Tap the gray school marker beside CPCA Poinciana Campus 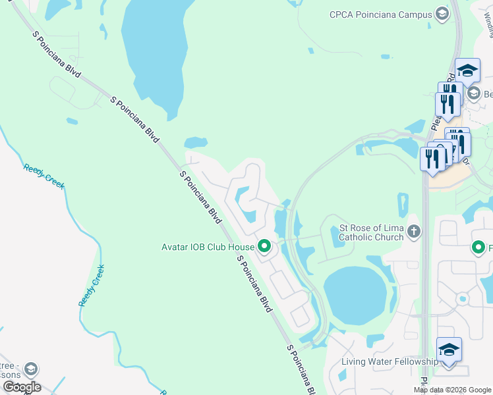pyautogui.click(x=442, y=14)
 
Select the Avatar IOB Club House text pyautogui.click(x=208, y=248)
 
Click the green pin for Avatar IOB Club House pyautogui.click(x=264, y=247)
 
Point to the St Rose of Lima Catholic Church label pyautogui.click(x=371, y=233)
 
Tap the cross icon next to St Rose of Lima pyautogui.click(x=413, y=231)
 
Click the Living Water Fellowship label pyautogui.click(x=390, y=361)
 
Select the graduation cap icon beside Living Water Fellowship pyautogui.click(x=449, y=350)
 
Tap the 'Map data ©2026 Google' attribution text pyautogui.click(x=451, y=390)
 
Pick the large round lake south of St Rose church pyautogui.click(x=355, y=295)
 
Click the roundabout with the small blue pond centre pyautogui.click(x=462, y=299)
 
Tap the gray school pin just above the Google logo pyautogui.click(x=31, y=369)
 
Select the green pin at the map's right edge pyautogui.click(x=478, y=248)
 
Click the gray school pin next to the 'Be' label pyautogui.click(x=473, y=94)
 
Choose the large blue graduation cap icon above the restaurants pyautogui.click(x=467, y=70)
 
